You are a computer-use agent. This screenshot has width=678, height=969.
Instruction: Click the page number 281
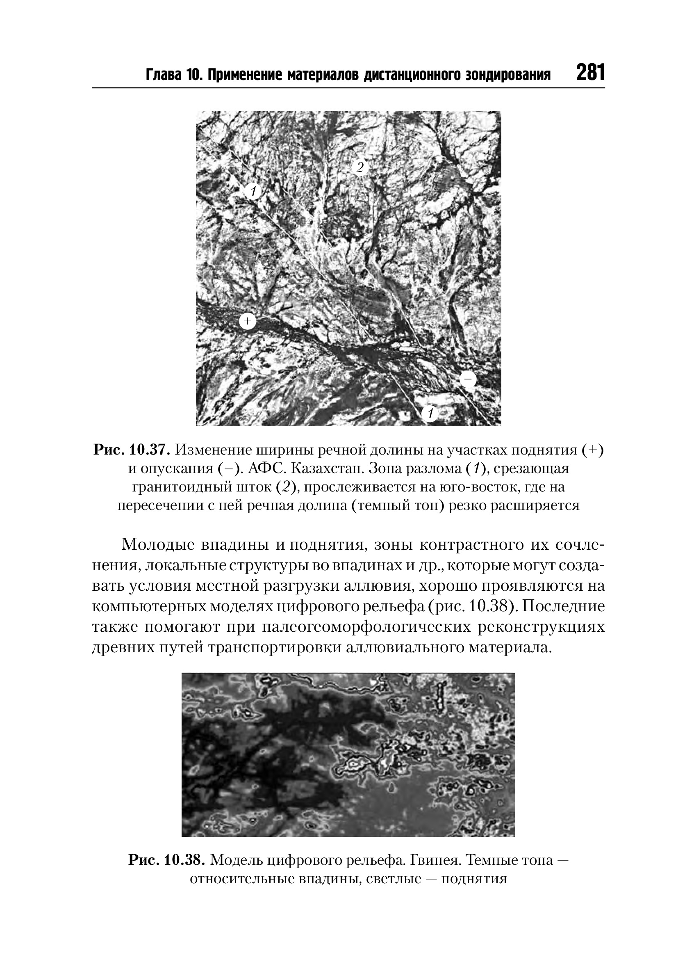coord(589,73)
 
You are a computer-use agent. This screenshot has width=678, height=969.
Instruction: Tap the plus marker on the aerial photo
coord(247,322)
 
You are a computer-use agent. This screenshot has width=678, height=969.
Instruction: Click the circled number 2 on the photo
coord(359,167)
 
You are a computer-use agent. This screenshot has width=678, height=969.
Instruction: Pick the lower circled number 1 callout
coord(430,413)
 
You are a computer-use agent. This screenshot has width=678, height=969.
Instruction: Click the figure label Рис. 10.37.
coord(132,450)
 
